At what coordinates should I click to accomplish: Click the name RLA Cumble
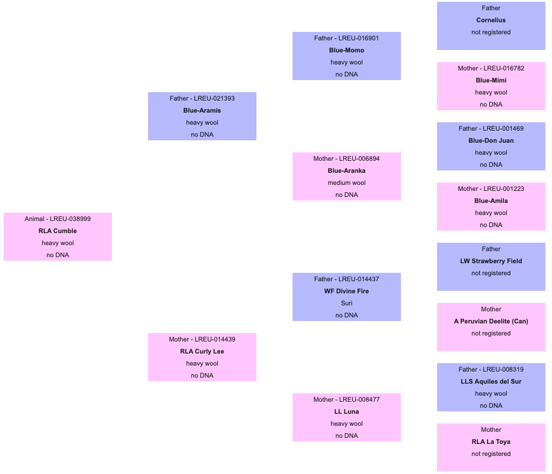[x=58, y=231]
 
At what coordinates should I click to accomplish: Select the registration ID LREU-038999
[x=70, y=219]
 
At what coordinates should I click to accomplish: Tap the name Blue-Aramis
[x=202, y=111]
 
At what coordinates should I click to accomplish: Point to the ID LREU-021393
[x=214, y=98]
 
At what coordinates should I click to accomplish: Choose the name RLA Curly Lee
[x=202, y=352]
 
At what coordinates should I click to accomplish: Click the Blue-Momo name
[x=347, y=51]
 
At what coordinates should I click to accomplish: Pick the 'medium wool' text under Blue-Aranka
[x=347, y=182]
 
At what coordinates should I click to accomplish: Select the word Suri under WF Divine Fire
[x=347, y=303]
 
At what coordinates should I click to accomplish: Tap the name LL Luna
[x=347, y=412]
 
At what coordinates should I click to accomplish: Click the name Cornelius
[x=491, y=20]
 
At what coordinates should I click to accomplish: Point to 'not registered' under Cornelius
[x=491, y=33]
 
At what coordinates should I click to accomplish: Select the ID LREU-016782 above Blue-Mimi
[x=504, y=68]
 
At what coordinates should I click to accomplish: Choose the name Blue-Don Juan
[x=491, y=141]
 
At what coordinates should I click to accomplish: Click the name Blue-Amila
[x=491, y=201]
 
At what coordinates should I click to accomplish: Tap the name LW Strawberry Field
[x=491, y=261]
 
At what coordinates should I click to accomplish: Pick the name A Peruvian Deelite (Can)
[x=491, y=322]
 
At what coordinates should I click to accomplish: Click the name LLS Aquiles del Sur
[x=491, y=382]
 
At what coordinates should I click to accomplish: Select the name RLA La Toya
[x=491, y=442]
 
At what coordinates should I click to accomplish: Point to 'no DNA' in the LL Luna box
[x=347, y=436]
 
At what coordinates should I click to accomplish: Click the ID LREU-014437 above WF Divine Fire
[x=359, y=279]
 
